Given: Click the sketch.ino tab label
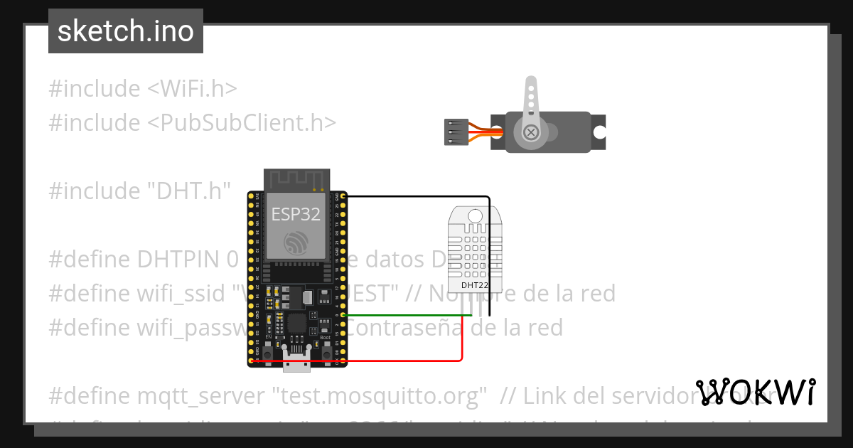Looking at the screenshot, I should pyautogui.click(x=125, y=31).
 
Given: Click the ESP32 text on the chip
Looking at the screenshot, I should pyautogui.click(x=296, y=214).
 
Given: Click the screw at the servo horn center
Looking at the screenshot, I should pyautogui.click(x=530, y=132).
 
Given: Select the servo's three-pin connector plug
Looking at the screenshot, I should pyautogui.click(x=452, y=132).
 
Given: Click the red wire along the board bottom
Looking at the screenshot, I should pyautogui.click(x=355, y=361).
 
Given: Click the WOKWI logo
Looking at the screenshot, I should pyautogui.click(x=756, y=392).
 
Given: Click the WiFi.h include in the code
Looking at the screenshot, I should pyautogui.click(x=193, y=89).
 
